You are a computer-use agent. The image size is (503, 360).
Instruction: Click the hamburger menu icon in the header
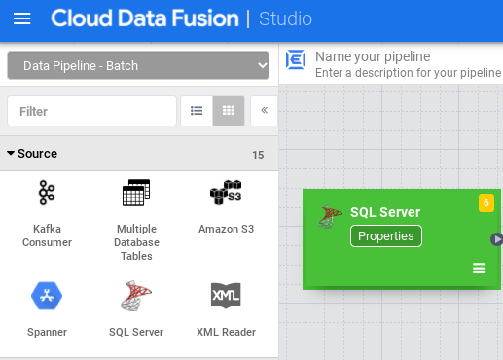(x=21, y=18)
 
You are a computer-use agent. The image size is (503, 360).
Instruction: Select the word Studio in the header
(x=285, y=18)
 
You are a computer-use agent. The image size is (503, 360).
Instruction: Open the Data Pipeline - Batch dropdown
(x=137, y=66)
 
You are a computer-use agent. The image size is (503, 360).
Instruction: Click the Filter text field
(x=91, y=111)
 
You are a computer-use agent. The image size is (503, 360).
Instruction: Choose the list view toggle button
(x=197, y=111)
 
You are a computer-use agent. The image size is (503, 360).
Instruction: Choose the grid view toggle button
(x=229, y=111)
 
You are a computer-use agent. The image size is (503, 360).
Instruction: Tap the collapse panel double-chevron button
(x=264, y=111)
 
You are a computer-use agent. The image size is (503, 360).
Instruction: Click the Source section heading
(x=37, y=154)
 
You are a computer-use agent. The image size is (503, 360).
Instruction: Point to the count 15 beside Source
(x=258, y=155)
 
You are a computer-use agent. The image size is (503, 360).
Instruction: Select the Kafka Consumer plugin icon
(x=47, y=194)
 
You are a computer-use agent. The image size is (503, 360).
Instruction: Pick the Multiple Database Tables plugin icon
(x=136, y=194)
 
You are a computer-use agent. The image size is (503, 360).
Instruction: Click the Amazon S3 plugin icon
(x=226, y=194)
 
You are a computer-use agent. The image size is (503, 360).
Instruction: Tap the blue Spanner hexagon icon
(x=47, y=295)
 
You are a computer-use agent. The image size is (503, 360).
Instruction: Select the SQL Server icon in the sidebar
(x=136, y=295)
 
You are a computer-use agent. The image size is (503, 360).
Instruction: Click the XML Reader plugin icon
(x=226, y=295)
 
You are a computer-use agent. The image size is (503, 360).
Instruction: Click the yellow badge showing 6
(x=486, y=202)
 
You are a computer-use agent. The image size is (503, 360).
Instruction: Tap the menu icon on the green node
(x=480, y=269)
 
